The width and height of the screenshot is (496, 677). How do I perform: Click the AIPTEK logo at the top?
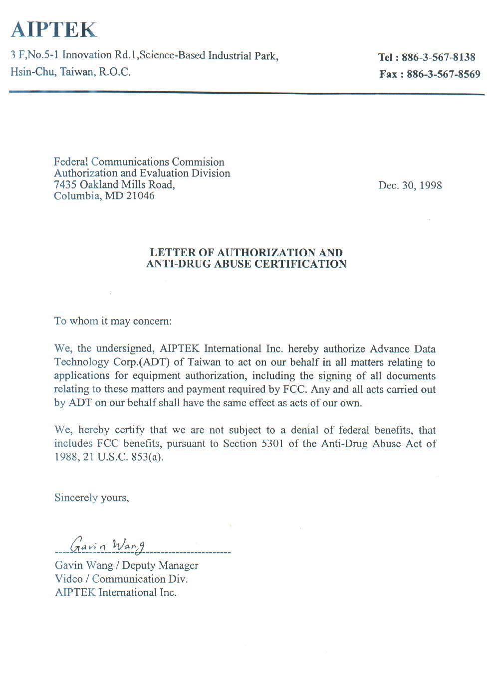[x=54, y=30]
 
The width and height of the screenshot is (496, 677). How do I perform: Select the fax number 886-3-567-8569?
[x=443, y=74]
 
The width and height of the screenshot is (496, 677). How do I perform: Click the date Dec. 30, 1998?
[x=410, y=185]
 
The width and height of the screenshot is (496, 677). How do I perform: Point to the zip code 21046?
[x=140, y=196]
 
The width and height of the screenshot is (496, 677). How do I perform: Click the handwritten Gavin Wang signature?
[x=107, y=545]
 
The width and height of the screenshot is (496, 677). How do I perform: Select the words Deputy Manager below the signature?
[x=160, y=565]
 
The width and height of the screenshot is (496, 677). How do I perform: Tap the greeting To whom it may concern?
[x=113, y=321]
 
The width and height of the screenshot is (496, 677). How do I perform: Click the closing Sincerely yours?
[x=91, y=498]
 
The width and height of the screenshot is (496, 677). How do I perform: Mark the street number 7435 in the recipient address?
[x=65, y=184]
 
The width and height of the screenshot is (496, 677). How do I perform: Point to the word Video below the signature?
[x=68, y=579]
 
